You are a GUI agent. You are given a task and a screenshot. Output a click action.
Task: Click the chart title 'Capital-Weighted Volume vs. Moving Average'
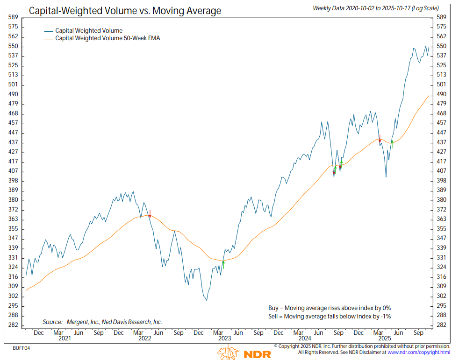coord(125,10)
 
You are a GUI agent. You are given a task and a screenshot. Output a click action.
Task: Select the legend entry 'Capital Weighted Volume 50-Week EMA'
coord(108,38)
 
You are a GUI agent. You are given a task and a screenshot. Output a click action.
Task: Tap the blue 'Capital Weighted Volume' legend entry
coord(89,31)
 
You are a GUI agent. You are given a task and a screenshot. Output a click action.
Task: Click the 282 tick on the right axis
coord(441,325)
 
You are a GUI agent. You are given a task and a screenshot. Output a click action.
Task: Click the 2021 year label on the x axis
coord(58,338)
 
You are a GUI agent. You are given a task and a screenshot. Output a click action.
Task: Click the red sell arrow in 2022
coord(150,213)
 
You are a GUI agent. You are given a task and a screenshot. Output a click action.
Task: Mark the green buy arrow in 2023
coord(224,264)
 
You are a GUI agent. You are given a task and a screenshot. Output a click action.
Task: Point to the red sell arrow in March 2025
coord(380,138)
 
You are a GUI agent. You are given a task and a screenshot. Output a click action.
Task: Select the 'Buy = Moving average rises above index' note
coord(329,308)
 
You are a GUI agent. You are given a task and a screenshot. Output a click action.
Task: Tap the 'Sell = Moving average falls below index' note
coord(329,317)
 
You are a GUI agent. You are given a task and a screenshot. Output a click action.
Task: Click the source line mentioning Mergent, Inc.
coord(102,322)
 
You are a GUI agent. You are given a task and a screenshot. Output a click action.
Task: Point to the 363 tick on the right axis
coord(441,219)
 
